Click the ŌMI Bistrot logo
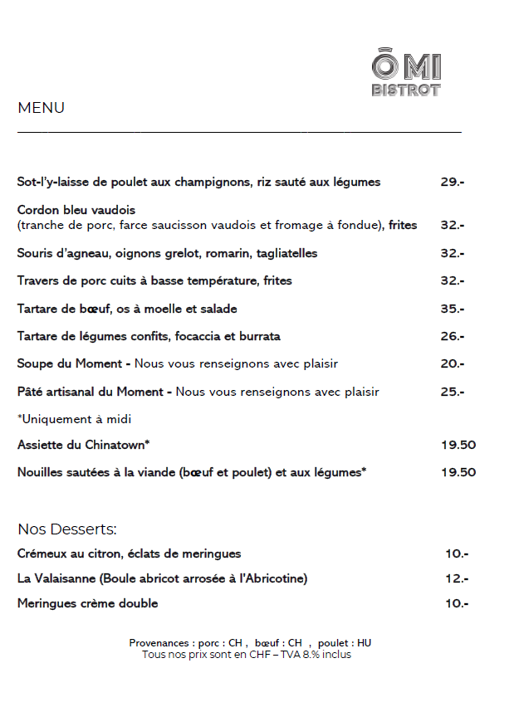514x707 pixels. [x=406, y=74]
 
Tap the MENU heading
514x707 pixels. [x=41, y=108]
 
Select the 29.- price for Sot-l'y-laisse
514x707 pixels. [x=452, y=182]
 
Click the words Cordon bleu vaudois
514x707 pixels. [x=76, y=210]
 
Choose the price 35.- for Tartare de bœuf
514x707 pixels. [x=452, y=309]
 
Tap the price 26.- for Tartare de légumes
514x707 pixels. [x=452, y=336]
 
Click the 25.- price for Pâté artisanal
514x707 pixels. [x=452, y=391]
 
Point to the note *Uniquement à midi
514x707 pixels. [x=74, y=419]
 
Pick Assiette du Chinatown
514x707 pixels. [x=83, y=445]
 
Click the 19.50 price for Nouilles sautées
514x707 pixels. [x=458, y=472]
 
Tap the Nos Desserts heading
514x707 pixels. [x=67, y=529]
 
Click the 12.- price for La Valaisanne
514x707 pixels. [x=456, y=578]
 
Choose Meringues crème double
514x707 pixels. [x=87, y=603]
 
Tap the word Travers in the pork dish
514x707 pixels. [x=37, y=280]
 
